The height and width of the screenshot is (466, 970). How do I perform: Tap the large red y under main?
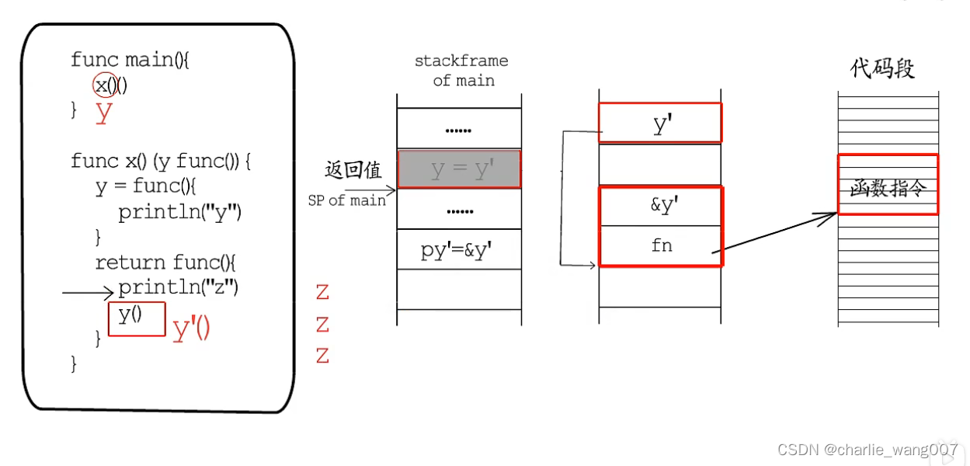click(104, 113)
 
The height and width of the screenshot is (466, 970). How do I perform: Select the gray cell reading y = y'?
click(459, 169)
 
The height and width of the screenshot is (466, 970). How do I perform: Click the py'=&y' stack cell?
click(458, 249)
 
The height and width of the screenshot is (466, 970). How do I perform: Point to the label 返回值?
click(353, 170)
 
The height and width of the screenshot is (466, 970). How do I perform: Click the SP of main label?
click(346, 200)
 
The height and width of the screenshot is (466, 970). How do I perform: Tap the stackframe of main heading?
click(461, 70)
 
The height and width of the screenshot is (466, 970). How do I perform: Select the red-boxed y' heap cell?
click(660, 123)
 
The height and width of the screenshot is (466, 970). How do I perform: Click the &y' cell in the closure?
click(661, 207)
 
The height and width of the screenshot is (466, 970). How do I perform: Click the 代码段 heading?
click(883, 68)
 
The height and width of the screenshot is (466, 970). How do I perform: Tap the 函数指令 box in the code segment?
click(888, 185)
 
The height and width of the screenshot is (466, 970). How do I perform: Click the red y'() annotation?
click(191, 330)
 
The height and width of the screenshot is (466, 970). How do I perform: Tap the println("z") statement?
click(178, 288)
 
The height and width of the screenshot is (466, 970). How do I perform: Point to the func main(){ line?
click(130, 60)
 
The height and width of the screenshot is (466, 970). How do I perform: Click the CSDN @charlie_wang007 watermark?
click(867, 449)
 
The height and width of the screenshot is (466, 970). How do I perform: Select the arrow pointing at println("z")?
click(88, 293)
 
